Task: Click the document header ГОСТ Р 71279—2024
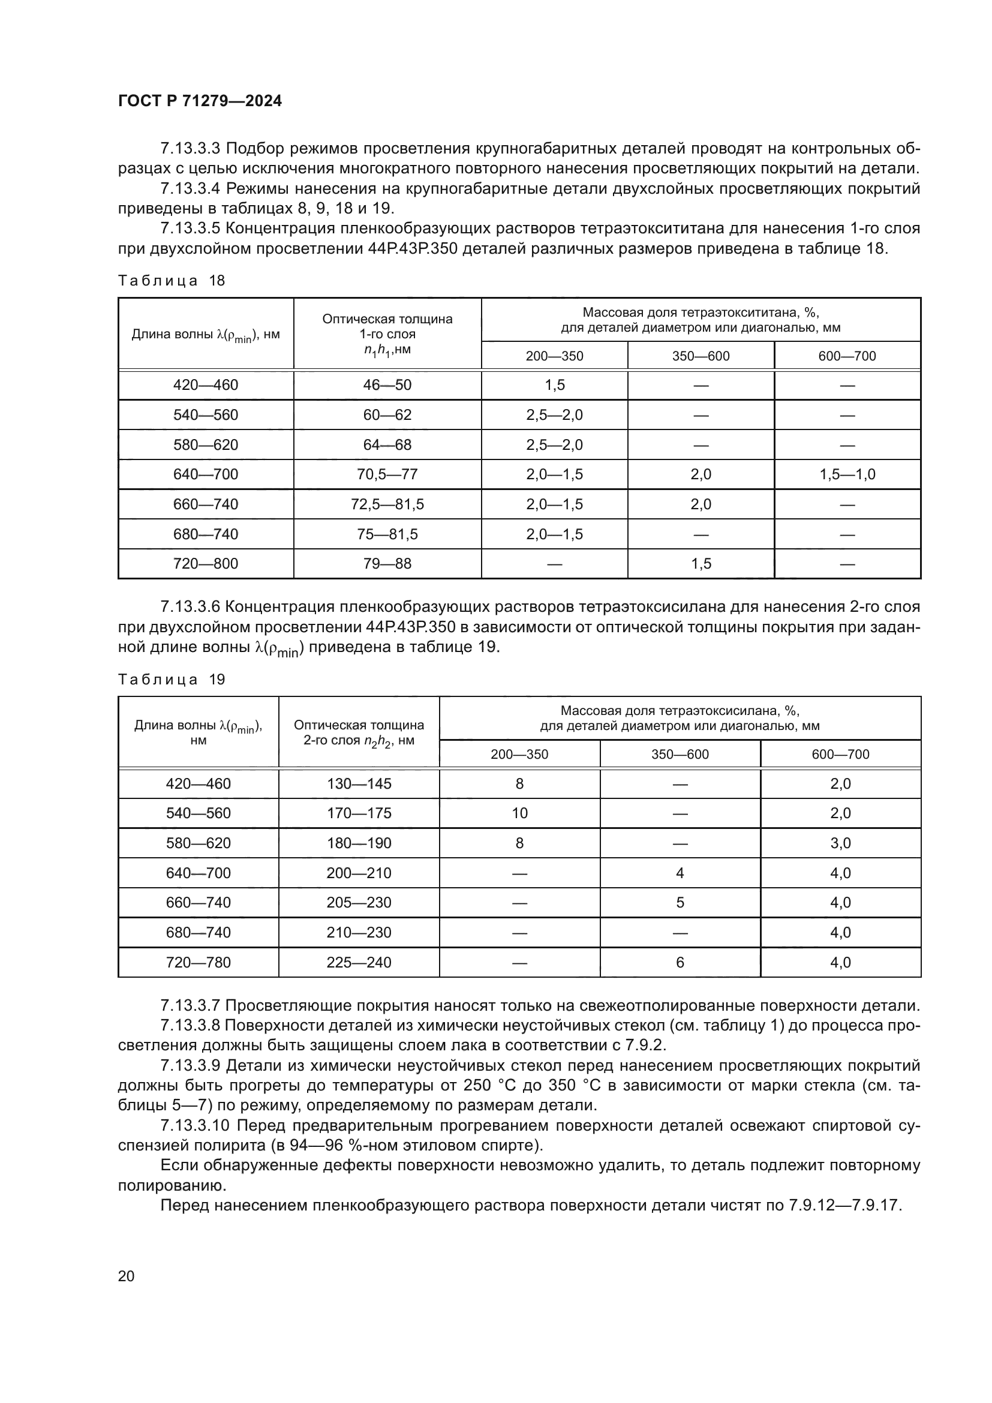tap(200, 101)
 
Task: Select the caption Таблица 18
tap(172, 281)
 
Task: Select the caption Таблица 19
tap(172, 680)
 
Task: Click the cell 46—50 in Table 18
tap(387, 385)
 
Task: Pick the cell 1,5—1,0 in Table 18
tap(847, 474)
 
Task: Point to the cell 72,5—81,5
tap(387, 504)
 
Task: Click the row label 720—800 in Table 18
tap(206, 563)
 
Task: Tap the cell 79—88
tap(387, 563)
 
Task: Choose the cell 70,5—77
tap(387, 474)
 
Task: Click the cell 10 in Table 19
tap(519, 813)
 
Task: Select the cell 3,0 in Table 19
tap(840, 843)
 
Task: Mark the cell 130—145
tap(359, 784)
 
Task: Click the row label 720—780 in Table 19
tap(199, 962)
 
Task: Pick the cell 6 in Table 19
tap(680, 962)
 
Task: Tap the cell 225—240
tap(359, 962)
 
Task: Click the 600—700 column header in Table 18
tap(847, 356)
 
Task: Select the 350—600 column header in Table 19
tap(680, 755)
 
